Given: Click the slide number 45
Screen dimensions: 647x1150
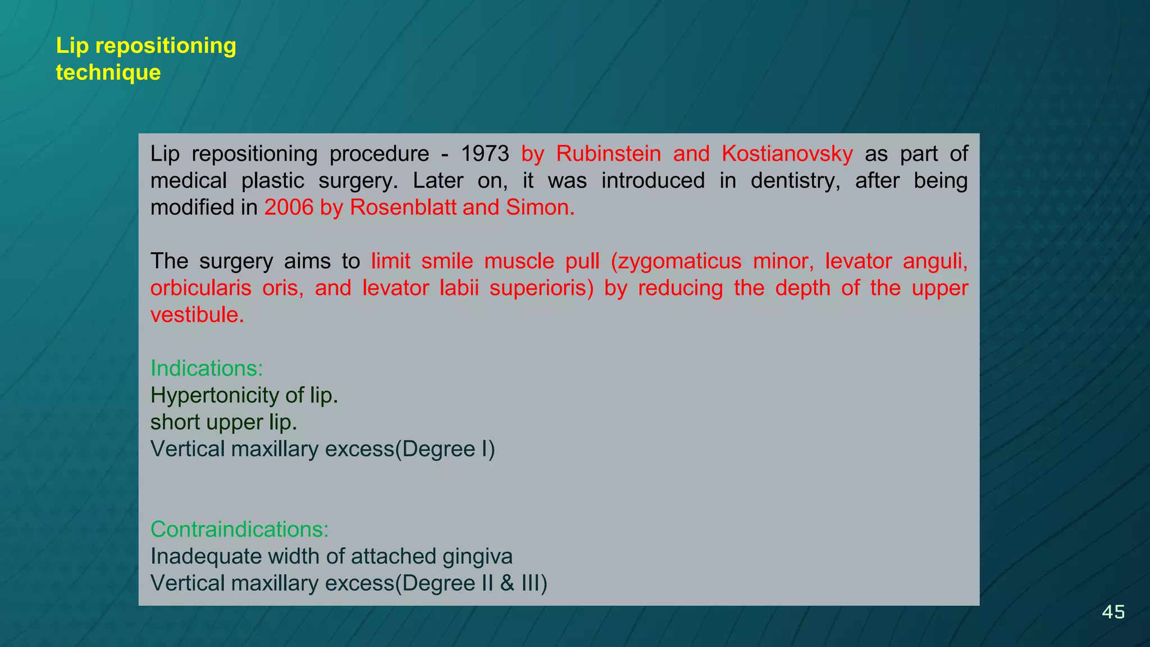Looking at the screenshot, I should (1113, 612).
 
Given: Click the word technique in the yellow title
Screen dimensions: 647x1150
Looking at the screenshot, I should (108, 72).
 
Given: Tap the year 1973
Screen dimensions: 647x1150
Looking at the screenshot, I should (485, 154).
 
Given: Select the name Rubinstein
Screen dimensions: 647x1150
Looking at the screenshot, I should (608, 154).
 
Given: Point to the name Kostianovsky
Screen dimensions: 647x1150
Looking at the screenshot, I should (787, 154).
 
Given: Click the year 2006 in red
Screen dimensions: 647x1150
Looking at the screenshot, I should (289, 208).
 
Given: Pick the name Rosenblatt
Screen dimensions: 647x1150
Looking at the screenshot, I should (403, 208).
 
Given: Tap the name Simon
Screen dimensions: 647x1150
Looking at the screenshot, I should (540, 208).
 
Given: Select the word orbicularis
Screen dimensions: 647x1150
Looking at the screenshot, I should (200, 288).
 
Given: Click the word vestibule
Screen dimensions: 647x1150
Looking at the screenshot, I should (197, 315).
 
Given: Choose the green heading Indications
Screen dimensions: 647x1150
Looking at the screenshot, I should (207, 368).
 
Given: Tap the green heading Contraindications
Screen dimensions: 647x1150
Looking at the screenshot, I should (239, 530).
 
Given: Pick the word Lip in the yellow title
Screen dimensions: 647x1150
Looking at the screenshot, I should (72, 45).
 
